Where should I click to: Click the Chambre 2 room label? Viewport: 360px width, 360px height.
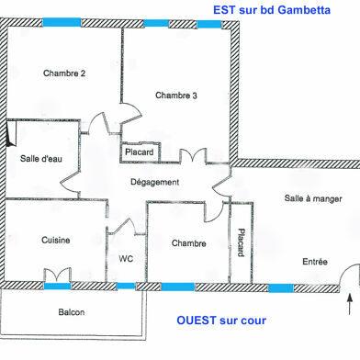(64, 74)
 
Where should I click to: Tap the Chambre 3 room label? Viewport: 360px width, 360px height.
(176, 95)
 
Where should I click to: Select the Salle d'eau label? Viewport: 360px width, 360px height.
(41, 159)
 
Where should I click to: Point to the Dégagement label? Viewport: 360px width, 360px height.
(154, 182)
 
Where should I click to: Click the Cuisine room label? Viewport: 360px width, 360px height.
(56, 241)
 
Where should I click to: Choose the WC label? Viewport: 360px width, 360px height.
(126, 260)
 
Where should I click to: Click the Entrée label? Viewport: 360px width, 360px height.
(315, 262)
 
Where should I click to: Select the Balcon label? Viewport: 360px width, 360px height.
(71, 312)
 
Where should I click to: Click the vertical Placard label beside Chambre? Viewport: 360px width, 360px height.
(241, 243)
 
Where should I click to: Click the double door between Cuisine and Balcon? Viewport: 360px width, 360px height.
(56, 275)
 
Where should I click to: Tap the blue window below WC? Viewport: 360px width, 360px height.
(126, 286)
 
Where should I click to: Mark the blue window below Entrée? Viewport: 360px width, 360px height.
(281, 287)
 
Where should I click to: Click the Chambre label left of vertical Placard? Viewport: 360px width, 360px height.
(188, 243)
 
